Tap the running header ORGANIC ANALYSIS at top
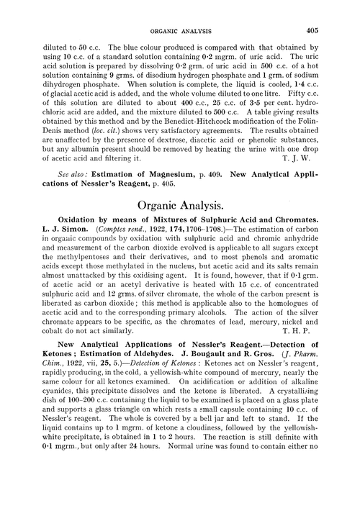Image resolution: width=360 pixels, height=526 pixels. tap(180, 31)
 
